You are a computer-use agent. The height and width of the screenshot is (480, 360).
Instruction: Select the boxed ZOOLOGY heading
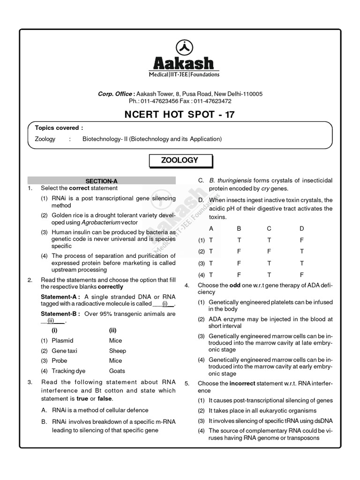(x=180, y=160)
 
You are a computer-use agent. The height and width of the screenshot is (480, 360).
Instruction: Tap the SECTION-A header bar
(x=101, y=180)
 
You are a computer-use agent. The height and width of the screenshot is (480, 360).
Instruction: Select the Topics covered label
(x=59, y=127)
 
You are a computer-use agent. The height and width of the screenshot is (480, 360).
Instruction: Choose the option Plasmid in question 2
(x=63, y=341)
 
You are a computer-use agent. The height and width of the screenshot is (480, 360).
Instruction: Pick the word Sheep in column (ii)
(x=117, y=351)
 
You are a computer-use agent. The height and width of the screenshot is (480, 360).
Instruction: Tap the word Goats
(x=117, y=370)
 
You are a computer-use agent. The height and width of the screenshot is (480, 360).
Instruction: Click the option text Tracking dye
(x=69, y=370)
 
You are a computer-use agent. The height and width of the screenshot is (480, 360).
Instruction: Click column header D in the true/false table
(x=301, y=228)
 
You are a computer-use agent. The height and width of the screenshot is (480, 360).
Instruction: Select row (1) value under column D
(x=301, y=240)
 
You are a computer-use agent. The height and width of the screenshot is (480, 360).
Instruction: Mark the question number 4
(x=187, y=285)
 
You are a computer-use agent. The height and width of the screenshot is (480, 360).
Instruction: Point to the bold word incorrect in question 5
(x=242, y=383)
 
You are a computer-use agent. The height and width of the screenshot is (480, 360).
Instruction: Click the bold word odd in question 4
(x=235, y=285)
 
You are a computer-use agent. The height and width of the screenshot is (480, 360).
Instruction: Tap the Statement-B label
(x=60, y=314)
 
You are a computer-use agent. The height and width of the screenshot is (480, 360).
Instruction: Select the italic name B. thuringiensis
(x=231, y=180)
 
